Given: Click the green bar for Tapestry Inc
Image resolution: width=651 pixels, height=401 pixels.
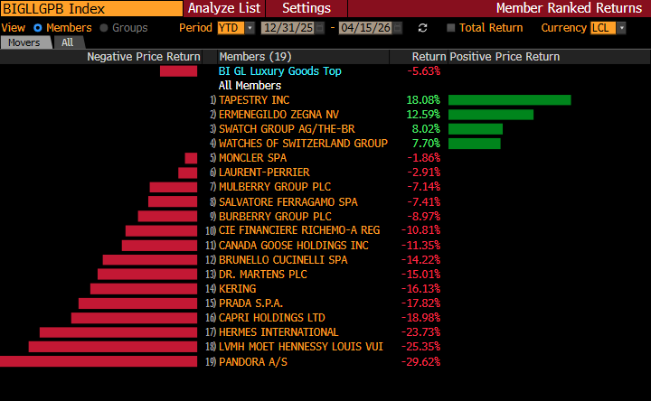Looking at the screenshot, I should click(509, 100).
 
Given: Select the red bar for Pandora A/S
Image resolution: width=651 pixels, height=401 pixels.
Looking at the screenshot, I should click(98, 361).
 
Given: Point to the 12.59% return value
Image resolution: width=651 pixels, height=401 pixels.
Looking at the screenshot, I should click(423, 115).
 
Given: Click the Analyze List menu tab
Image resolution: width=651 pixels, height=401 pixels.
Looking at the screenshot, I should click(224, 8).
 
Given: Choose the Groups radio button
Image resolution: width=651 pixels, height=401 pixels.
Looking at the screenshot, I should click(104, 28).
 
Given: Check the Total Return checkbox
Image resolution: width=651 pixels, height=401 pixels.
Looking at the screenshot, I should click(452, 28).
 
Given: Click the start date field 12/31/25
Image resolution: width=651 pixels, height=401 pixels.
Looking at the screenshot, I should click(288, 28).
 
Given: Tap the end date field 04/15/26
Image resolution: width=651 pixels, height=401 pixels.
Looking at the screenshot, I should click(370, 28).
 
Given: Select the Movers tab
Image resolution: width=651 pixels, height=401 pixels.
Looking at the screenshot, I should click(24, 42).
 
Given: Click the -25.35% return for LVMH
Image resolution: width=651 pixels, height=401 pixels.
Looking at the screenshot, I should click(420, 347).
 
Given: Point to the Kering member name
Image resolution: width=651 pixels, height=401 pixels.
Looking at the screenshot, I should click(238, 289).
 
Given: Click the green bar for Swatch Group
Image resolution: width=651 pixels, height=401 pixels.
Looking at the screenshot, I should click(475, 129).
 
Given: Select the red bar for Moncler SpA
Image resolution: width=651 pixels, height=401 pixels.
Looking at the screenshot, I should click(191, 158).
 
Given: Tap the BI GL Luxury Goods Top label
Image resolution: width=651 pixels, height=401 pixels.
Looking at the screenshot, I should click(280, 71).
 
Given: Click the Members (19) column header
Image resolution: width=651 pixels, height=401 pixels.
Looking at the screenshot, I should click(255, 57).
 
